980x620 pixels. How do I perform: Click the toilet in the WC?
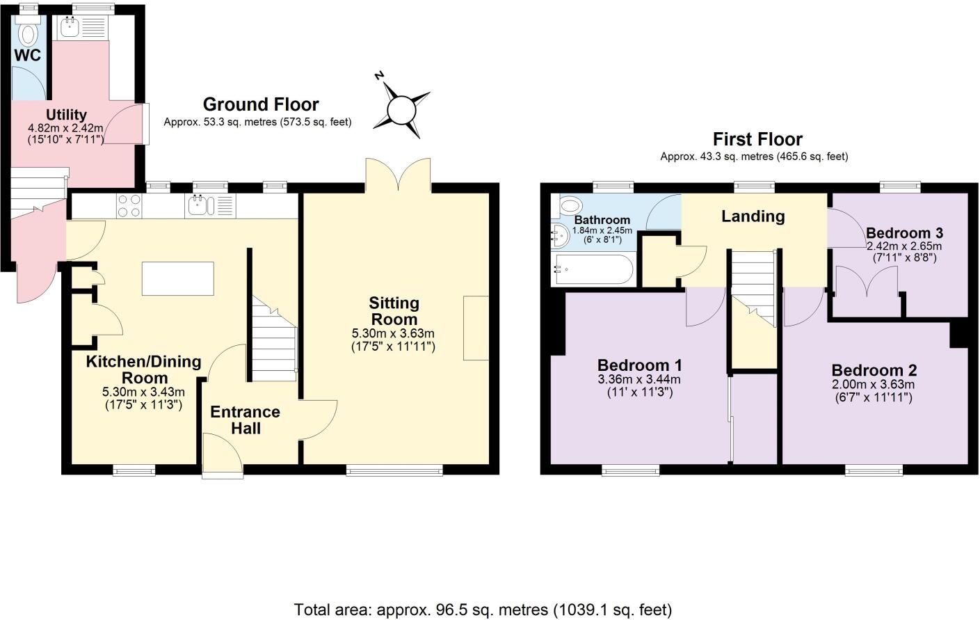point(29,32)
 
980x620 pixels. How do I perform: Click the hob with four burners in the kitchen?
point(128,205)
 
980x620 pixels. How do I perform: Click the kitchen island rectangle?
point(178,278)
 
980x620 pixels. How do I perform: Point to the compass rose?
point(401,109)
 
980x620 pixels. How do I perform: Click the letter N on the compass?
point(380,75)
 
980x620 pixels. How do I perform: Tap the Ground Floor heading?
point(260,104)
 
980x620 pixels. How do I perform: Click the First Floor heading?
point(757,139)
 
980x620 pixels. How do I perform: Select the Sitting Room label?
point(394,311)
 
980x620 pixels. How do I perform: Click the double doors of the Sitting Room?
point(398,174)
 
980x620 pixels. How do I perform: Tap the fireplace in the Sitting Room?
point(476,327)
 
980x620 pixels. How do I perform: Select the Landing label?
point(753,216)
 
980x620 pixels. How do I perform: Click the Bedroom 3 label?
point(904,233)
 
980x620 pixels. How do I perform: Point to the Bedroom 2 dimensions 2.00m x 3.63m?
point(873,385)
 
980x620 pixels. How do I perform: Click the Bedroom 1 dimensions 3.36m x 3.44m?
point(638,380)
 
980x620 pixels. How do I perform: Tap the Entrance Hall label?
point(245,420)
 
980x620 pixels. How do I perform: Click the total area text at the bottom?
point(483,610)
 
